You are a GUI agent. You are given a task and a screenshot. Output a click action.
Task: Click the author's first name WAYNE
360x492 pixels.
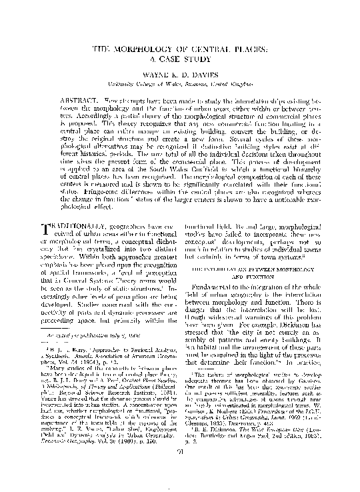coord(154,76)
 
